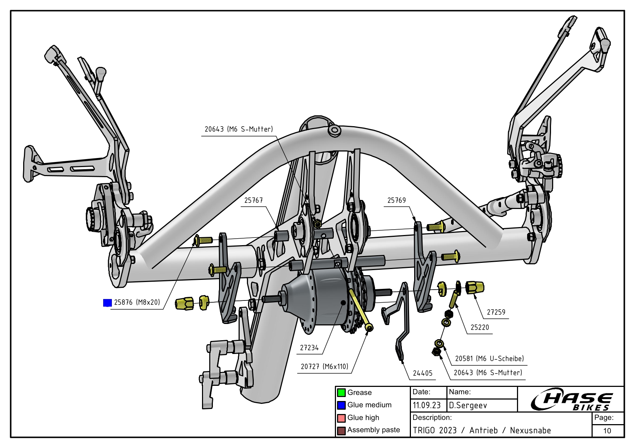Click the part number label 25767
tap(253, 200)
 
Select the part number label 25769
tap(396, 200)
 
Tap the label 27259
tap(496, 312)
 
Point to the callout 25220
tap(479, 327)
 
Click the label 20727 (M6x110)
tap(324, 366)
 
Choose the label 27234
tap(309, 347)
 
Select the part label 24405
tap(422, 373)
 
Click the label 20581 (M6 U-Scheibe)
tap(489, 358)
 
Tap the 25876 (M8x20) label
tap(137, 302)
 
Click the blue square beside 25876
tap(107, 303)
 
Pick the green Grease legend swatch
tap(341, 393)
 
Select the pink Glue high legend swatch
tap(341, 418)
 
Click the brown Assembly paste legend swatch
tap(341, 431)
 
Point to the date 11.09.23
tap(426, 405)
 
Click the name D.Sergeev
tap(468, 405)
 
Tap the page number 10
tap(607, 431)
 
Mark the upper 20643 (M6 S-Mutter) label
tap(239, 129)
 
